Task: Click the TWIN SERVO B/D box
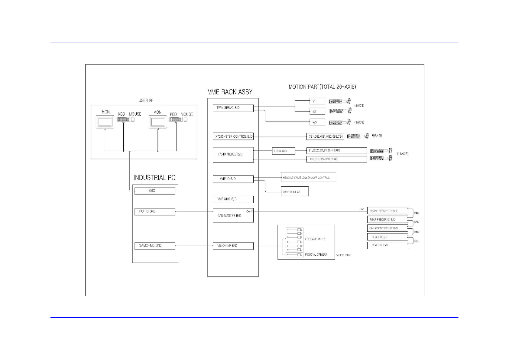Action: pos(233,108)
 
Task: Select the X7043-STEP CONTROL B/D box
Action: pos(233,136)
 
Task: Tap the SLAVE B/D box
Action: pos(283,151)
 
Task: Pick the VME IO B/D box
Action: pos(233,179)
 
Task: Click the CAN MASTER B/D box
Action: pos(233,215)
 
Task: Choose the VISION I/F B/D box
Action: pos(233,246)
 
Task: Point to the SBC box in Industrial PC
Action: pos(155,191)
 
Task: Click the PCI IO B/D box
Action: pos(155,211)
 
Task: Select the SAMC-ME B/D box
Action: pos(155,246)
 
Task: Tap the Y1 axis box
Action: pos(317,101)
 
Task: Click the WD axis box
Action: pos(317,122)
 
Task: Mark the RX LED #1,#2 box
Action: pos(294,192)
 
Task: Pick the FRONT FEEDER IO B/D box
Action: pos(387,211)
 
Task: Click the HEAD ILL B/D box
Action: pos(387,245)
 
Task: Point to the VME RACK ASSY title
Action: pos(230,92)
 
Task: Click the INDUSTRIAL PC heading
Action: pos(154,178)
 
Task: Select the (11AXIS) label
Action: pos(403,154)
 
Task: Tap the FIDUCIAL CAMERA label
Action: pos(316,255)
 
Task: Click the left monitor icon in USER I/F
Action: pos(105,122)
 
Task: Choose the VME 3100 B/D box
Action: pos(233,199)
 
